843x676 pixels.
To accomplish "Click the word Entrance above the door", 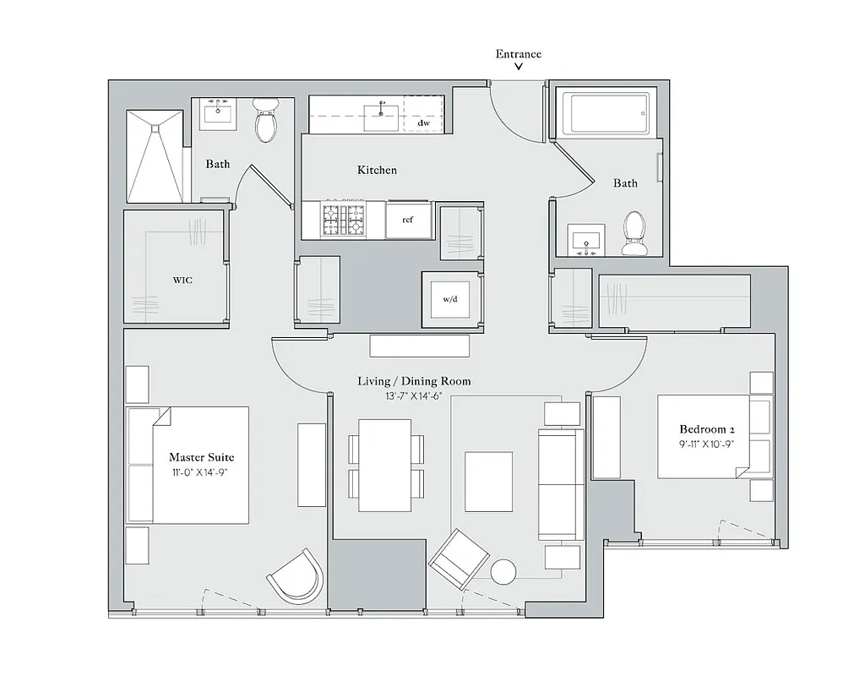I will [x=518, y=54].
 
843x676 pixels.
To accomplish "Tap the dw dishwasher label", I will [x=424, y=123].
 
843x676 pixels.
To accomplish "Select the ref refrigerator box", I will [x=407, y=220].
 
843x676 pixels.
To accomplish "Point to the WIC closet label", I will [x=182, y=280].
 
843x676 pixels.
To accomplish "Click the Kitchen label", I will [x=377, y=170].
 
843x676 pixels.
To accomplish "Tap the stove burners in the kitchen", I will [x=343, y=220].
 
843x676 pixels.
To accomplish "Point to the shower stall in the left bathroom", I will [x=154, y=156].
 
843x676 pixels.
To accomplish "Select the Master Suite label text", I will [x=201, y=457].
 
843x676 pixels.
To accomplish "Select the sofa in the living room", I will [x=560, y=484].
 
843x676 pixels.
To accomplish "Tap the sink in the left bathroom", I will [x=220, y=113].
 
